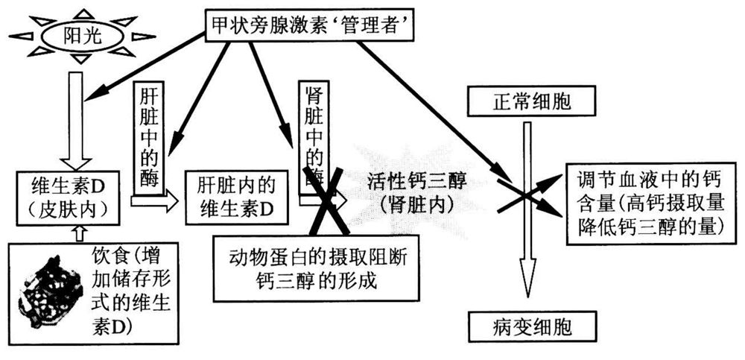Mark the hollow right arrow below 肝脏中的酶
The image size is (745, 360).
click(155, 200)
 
